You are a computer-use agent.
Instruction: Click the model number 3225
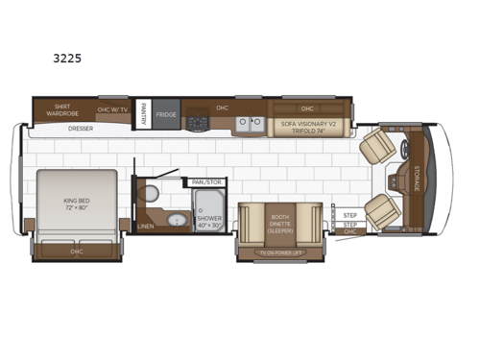[x=67, y=58]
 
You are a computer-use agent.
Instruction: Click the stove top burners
[x=199, y=123]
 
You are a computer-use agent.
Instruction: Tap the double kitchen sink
[x=251, y=123]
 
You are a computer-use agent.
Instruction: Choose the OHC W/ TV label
[x=112, y=108]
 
